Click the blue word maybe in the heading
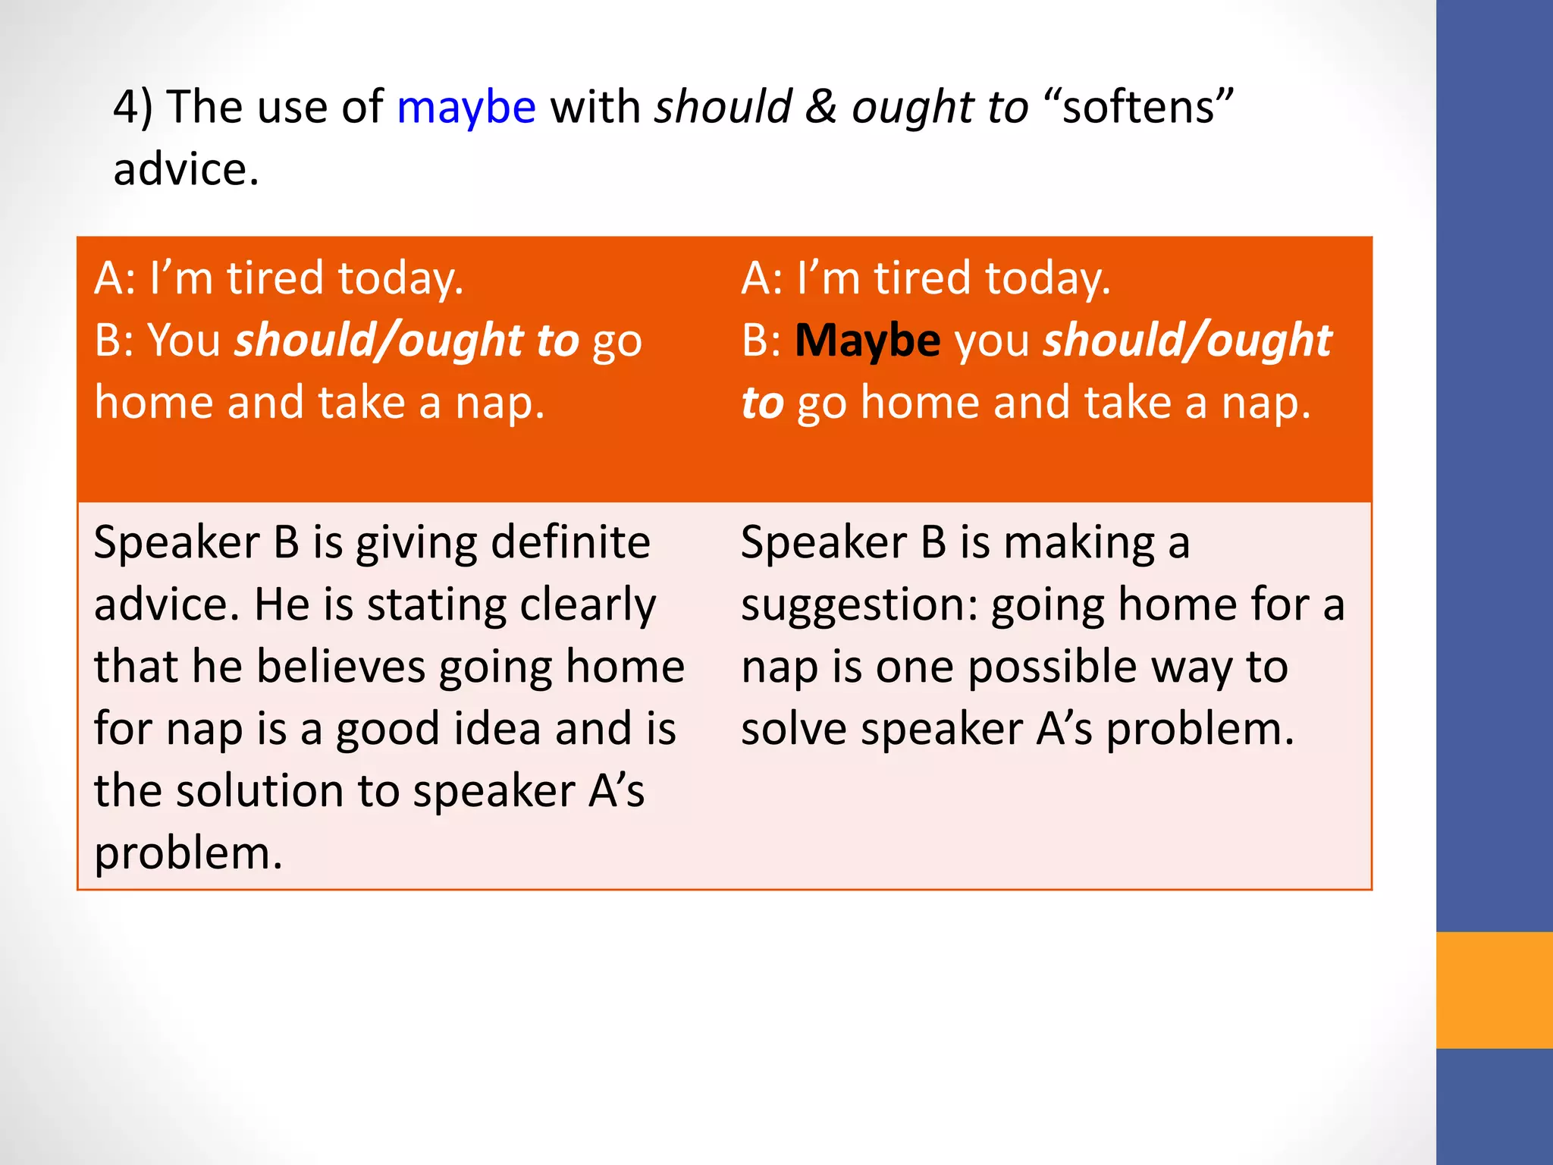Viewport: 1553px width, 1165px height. [x=466, y=107]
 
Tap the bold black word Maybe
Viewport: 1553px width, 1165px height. [x=867, y=341]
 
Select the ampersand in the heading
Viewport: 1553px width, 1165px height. [x=821, y=107]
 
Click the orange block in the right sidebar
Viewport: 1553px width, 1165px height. [x=1494, y=990]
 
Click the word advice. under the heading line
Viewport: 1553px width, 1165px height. [x=186, y=169]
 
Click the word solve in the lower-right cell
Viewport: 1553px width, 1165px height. [x=793, y=730]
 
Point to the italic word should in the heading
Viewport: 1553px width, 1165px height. [x=723, y=107]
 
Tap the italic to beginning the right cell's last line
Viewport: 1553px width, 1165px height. [x=762, y=403]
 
